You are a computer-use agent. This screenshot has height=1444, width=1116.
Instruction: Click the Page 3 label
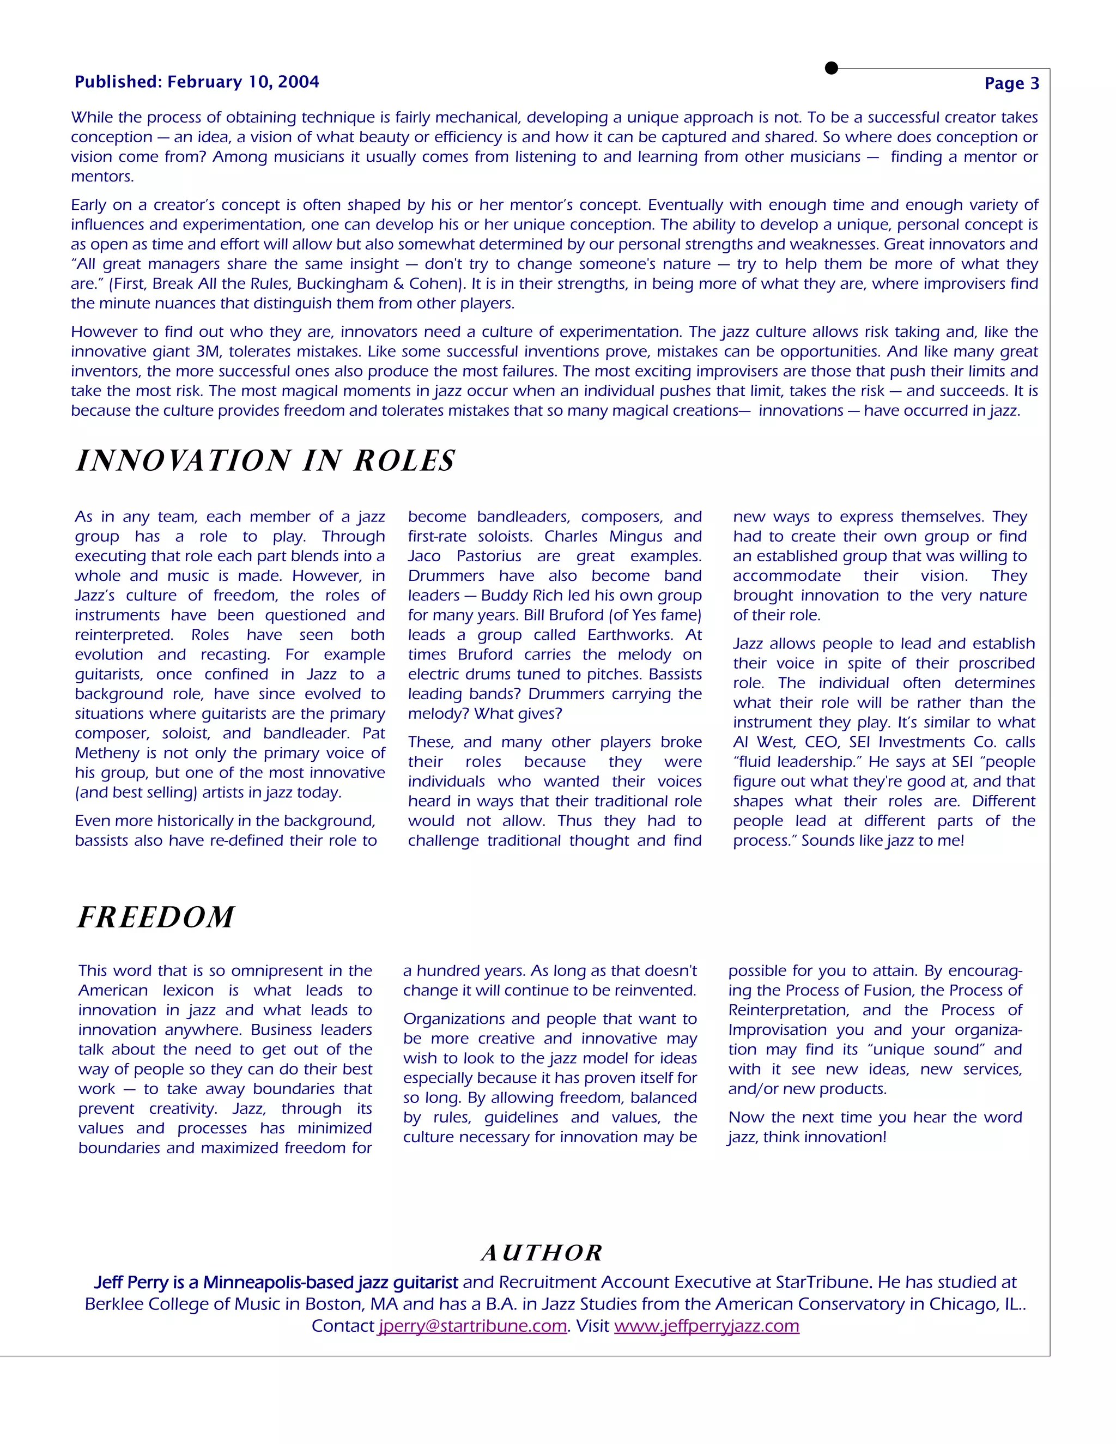click(1011, 83)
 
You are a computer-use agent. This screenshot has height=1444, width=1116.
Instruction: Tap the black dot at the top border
click(832, 68)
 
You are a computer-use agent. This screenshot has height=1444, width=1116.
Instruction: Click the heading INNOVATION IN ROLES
click(266, 460)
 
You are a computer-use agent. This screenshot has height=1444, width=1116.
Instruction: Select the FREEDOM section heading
click(156, 917)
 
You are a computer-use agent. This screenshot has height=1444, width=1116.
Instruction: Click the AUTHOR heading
click(542, 1252)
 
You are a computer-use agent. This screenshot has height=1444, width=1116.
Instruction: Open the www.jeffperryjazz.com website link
click(706, 1326)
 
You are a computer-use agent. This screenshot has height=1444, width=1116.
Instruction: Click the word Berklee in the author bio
click(117, 1304)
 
